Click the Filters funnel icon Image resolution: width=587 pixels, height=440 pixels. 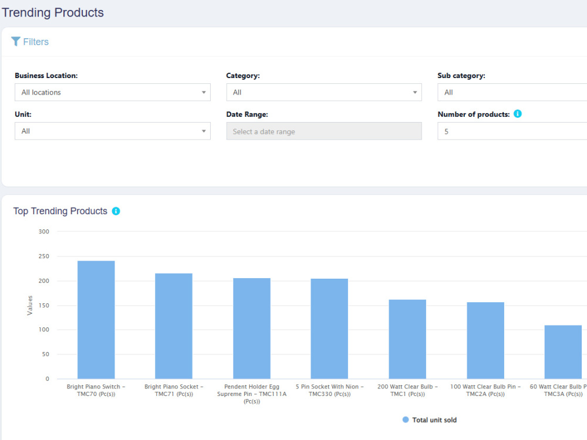click(16, 41)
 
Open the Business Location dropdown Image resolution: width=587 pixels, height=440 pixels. click(112, 92)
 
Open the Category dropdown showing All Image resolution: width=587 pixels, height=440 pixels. click(324, 92)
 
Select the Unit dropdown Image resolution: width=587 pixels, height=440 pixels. click(112, 131)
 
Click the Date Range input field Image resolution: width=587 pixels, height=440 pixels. click(324, 131)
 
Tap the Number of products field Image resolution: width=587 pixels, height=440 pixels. click(512, 131)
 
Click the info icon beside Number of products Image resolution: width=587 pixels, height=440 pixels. click(517, 114)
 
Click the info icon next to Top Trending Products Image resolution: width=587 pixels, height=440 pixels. click(116, 211)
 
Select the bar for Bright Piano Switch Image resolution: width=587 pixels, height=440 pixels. click(96, 320)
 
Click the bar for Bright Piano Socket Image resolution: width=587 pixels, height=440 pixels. click(174, 326)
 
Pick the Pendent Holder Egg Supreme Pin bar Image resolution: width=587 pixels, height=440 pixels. click(252, 328)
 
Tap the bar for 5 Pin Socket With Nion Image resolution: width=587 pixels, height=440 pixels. click(329, 329)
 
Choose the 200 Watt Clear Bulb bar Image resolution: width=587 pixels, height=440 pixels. click(407, 339)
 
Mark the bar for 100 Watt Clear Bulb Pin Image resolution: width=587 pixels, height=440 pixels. click(485, 340)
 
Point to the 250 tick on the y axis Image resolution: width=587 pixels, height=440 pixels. click(44, 256)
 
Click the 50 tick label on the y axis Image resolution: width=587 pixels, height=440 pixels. click(45, 354)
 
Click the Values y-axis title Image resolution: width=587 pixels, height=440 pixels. click(30, 305)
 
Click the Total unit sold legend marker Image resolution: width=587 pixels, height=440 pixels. click(406, 420)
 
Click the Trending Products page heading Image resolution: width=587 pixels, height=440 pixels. click(53, 12)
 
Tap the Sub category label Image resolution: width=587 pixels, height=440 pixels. click(461, 76)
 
